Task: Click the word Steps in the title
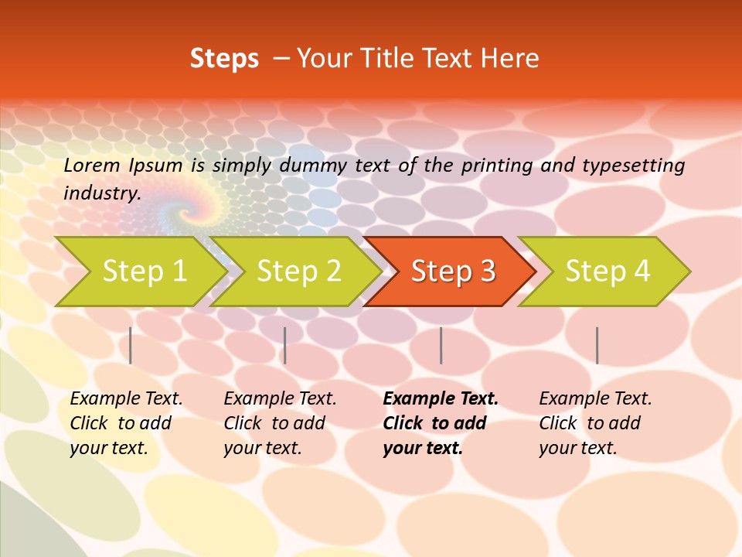point(224,59)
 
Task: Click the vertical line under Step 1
point(131,345)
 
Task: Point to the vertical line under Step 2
point(285,345)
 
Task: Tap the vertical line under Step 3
point(441,345)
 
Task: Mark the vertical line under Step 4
point(597,345)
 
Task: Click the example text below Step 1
point(126,423)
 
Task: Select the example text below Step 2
point(280,423)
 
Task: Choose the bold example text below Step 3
point(441,423)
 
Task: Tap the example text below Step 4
point(595,423)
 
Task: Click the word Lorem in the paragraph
point(91,166)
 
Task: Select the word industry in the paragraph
point(101,193)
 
